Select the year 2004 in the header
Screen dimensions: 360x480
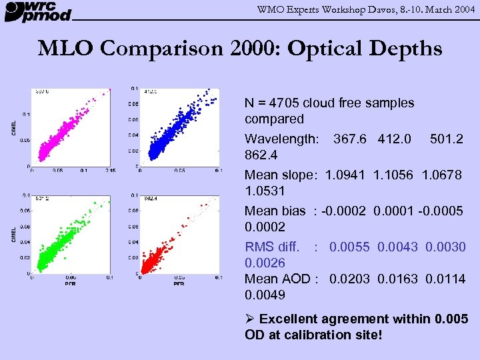pos(461,9)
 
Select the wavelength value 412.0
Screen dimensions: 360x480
pos(394,139)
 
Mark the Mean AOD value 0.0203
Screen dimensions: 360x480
pos(350,279)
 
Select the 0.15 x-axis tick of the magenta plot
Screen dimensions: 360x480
pos(110,171)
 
